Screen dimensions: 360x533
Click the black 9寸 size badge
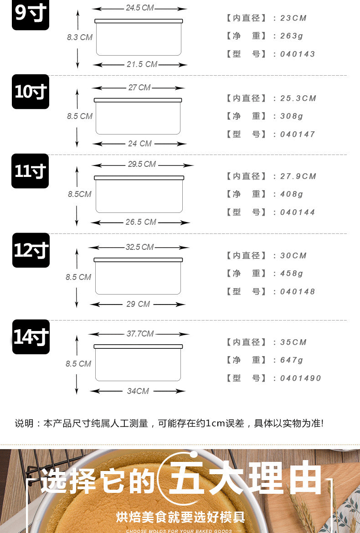pyautogui.click(x=30, y=15)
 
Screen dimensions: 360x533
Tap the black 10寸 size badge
pyautogui.click(x=30, y=92)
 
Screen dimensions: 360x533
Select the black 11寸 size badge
pyautogui.click(x=30, y=171)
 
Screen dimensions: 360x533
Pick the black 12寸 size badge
pyautogui.click(x=31, y=250)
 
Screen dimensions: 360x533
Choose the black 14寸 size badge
pyautogui.click(x=31, y=337)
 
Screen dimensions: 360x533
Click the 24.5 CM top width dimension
pyautogui.click(x=140, y=8)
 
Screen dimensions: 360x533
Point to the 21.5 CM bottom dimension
pyautogui.click(x=142, y=64)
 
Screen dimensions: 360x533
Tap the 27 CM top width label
pyautogui.click(x=139, y=88)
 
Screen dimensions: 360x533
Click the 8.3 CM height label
pyautogui.click(x=80, y=37)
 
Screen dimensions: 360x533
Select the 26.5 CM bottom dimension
pyautogui.click(x=141, y=222)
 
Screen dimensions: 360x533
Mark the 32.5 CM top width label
pyautogui.click(x=139, y=247)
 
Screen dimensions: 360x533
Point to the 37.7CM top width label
pyautogui.click(x=140, y=334)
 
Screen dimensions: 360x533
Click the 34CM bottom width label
pyautogui.click(x=138, y=391)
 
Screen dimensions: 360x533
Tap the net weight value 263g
pyautogui.click(x=292, y=36)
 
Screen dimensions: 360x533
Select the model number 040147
pyautogui.click(x=298, y=135)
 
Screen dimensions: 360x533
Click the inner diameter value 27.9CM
pyautogui.click(x=298, y=176)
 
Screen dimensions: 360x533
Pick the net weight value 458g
pyautogui.click(x=292, y=274)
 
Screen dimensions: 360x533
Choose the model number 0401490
pyautogui.click(x=301, y=378)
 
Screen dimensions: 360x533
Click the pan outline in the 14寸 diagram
pyautogui.click(x=138, y=363)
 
